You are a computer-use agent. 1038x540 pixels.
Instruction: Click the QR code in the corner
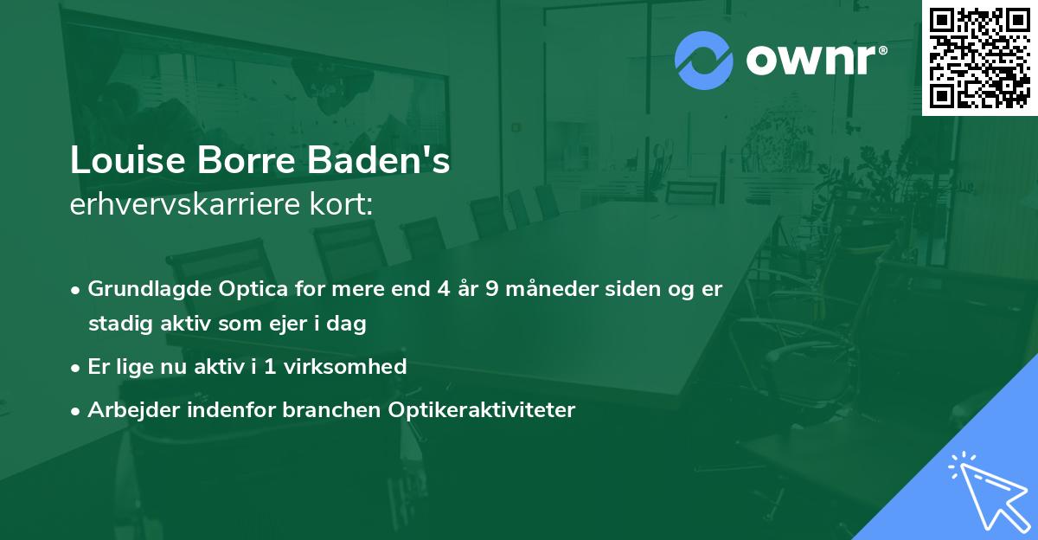980,57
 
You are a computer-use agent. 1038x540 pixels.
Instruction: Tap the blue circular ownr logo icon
704,60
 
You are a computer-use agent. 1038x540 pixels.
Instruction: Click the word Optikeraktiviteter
489,409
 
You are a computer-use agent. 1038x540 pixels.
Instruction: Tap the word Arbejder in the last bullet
128,409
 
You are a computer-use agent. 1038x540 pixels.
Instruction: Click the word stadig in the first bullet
116,325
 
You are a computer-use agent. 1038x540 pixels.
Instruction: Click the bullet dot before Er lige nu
77,368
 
